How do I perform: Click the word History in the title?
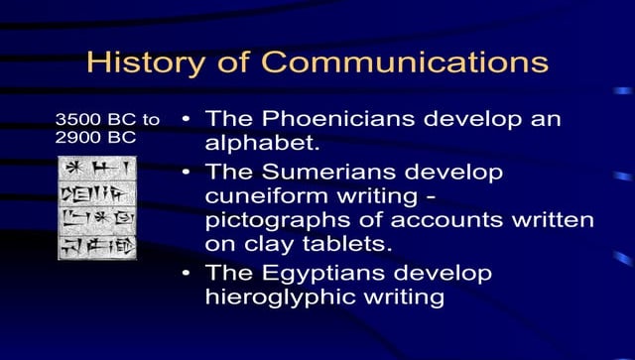[138, 61]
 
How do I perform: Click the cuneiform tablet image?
[97, 206]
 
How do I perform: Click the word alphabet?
[262, 144]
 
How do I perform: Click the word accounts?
[430, 220]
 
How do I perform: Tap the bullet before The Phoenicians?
[187, 120]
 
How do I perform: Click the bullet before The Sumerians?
[187, 172]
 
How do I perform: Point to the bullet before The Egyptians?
[187, 273]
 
